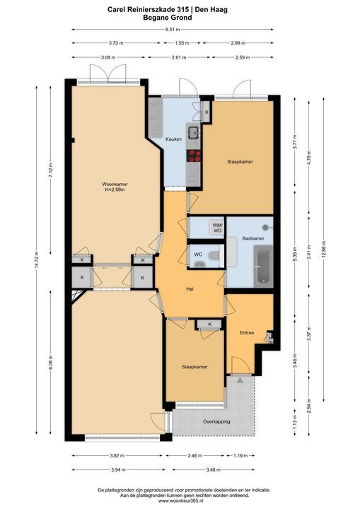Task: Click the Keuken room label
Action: pos(173,139)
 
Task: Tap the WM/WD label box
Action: pos(217,228)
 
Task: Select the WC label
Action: pos(198,255)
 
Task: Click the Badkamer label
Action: pos(253,238)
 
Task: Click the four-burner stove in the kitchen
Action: pos(194,156)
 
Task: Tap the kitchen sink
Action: pos(194,132)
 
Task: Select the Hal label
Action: pos(190,288)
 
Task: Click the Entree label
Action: pos(247,333)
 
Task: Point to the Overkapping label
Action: pos(216,421)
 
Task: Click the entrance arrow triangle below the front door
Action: pos(240,380)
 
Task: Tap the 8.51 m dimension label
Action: pos(173,29)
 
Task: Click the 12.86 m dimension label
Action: pos(324,249)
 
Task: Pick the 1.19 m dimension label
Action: pos(240,455)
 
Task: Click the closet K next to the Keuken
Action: pos(207,112)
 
